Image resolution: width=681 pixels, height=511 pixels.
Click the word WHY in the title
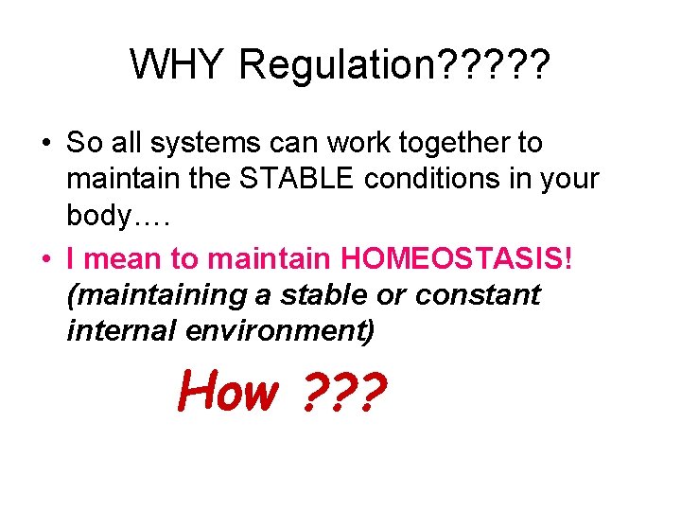[179, 65]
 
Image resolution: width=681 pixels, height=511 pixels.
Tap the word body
[99, 216]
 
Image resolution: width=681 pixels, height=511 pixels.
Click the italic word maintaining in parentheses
[156, 294]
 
